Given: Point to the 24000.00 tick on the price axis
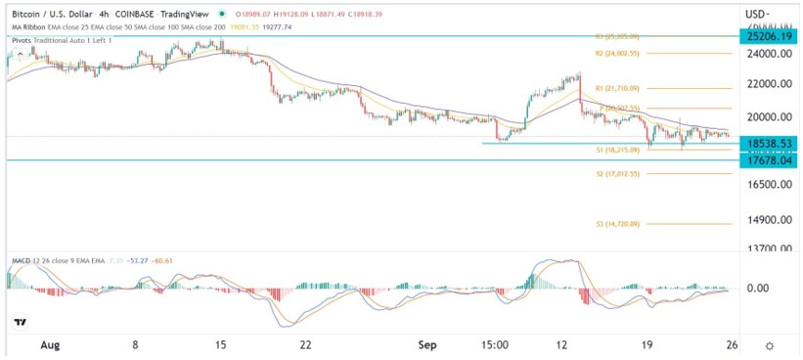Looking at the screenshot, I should point(767,55).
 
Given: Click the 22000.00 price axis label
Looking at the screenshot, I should point(767,85).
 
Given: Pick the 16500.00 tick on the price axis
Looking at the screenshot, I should point(767,184).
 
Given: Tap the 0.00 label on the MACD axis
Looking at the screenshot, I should point(759,289).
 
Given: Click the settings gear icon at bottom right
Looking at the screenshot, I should point(770,346).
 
